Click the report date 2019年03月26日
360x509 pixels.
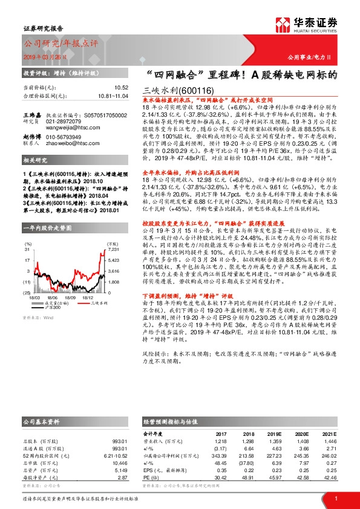[43, 56]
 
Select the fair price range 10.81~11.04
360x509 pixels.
[114, 96]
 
